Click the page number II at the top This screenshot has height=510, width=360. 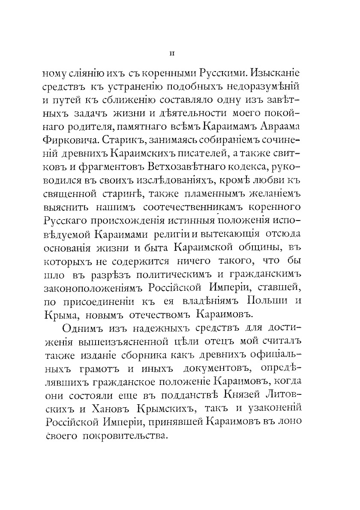[171, 54]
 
